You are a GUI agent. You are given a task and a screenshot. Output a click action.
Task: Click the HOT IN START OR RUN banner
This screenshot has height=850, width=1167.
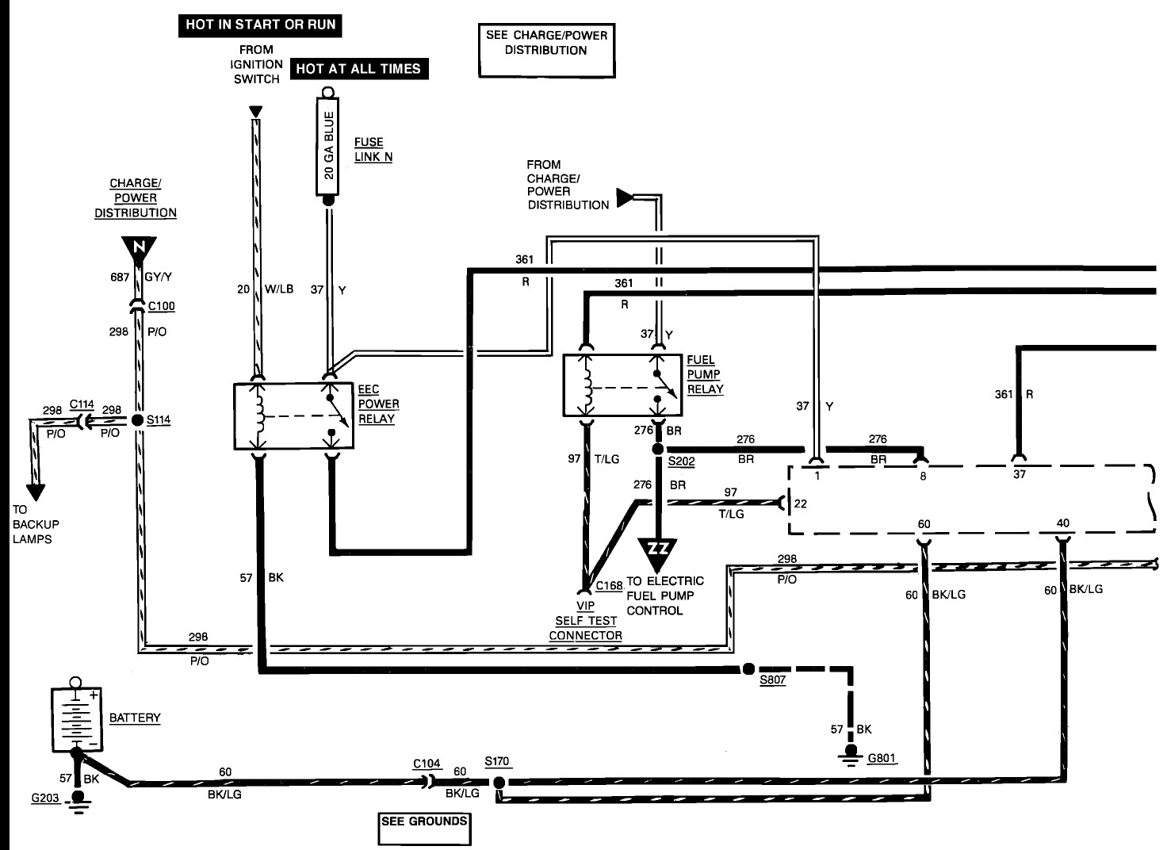click(x=260, y=25)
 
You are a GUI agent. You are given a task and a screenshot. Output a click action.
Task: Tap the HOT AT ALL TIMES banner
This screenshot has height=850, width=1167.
click(x=359, y=69)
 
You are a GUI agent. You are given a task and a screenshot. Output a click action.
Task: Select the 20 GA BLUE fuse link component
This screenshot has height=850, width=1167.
click(x=327, y=146)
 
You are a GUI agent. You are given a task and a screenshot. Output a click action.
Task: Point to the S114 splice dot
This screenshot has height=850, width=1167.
click(x=137, y=420)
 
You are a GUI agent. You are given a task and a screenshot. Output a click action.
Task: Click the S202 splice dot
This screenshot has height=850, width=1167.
click(x=658, y=450)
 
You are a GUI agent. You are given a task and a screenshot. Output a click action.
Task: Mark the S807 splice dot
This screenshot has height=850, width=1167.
click(x=748, y=669)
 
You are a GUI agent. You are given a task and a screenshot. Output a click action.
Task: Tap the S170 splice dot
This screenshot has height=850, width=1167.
click(x=499, y=783)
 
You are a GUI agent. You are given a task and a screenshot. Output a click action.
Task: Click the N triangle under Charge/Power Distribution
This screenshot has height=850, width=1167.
click(x=139, y=249)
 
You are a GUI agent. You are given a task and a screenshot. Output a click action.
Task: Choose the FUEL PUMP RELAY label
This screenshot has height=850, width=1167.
click(x=706, y=374)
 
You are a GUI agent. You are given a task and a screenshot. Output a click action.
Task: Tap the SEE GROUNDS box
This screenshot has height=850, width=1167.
click(x=424, y=829)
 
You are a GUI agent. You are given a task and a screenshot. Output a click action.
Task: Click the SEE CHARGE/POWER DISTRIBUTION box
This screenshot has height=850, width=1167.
click(x=546, y=51)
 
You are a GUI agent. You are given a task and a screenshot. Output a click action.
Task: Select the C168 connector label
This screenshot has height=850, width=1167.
click(x=609, y=586)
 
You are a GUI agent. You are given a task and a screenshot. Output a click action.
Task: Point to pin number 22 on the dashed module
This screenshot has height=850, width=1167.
click(x=800, y=504)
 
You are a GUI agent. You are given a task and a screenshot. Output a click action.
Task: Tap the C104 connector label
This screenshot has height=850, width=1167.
click(x=427, y=764)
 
